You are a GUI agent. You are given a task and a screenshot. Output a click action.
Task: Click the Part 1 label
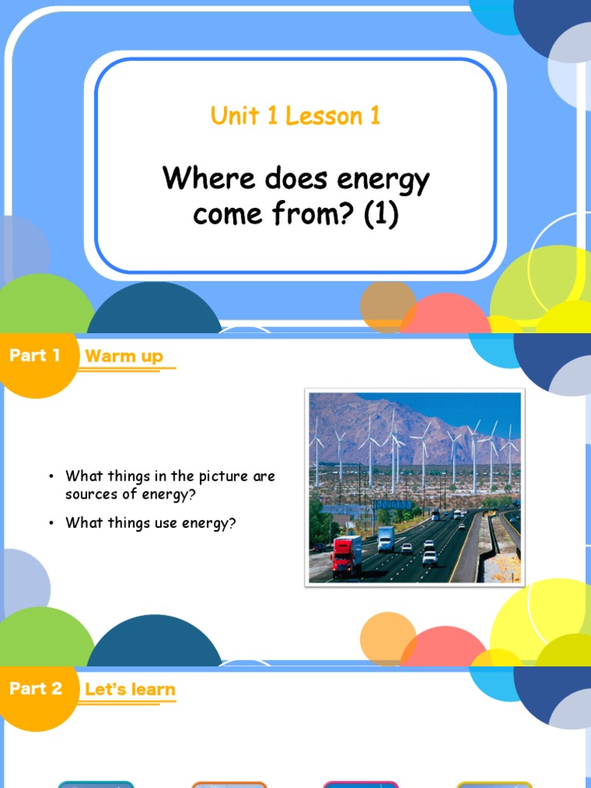[x=35, y=356]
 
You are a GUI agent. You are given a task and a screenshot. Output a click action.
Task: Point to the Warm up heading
[x=124, y=356]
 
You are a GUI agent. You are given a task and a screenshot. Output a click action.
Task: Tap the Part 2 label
[x=35, y=688]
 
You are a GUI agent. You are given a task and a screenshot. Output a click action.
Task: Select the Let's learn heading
[x=130, y=689]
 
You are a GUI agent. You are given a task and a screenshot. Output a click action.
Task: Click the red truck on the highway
[x=346, y=555]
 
